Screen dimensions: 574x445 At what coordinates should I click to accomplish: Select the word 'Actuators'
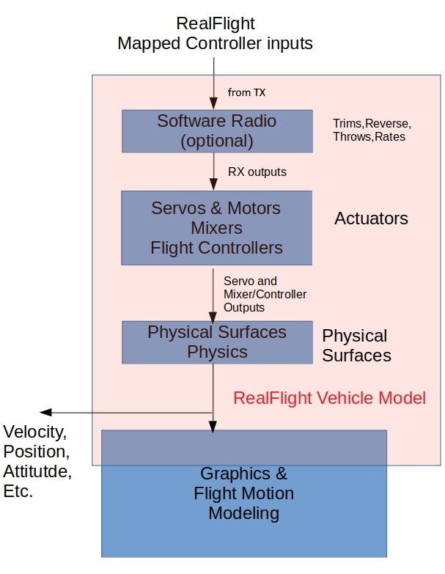click(x=371, y=218)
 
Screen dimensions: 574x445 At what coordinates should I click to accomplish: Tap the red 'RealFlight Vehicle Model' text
click(x=329, y=399)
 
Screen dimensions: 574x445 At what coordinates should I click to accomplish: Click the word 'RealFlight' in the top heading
click(x=215, y=24)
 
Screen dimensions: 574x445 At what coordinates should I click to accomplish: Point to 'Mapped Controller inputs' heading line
click(x=215, y=43)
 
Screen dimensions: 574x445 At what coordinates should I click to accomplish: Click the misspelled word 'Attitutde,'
click(x=37, y=471)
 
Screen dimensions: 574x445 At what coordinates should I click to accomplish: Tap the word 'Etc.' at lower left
click(x=18, y=491)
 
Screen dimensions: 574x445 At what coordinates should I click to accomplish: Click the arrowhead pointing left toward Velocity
click(x=45, y=413)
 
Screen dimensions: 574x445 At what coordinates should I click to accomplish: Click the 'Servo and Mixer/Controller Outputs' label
click(x=264, y=294)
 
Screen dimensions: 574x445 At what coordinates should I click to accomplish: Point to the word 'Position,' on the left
click(x=36, y=450)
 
